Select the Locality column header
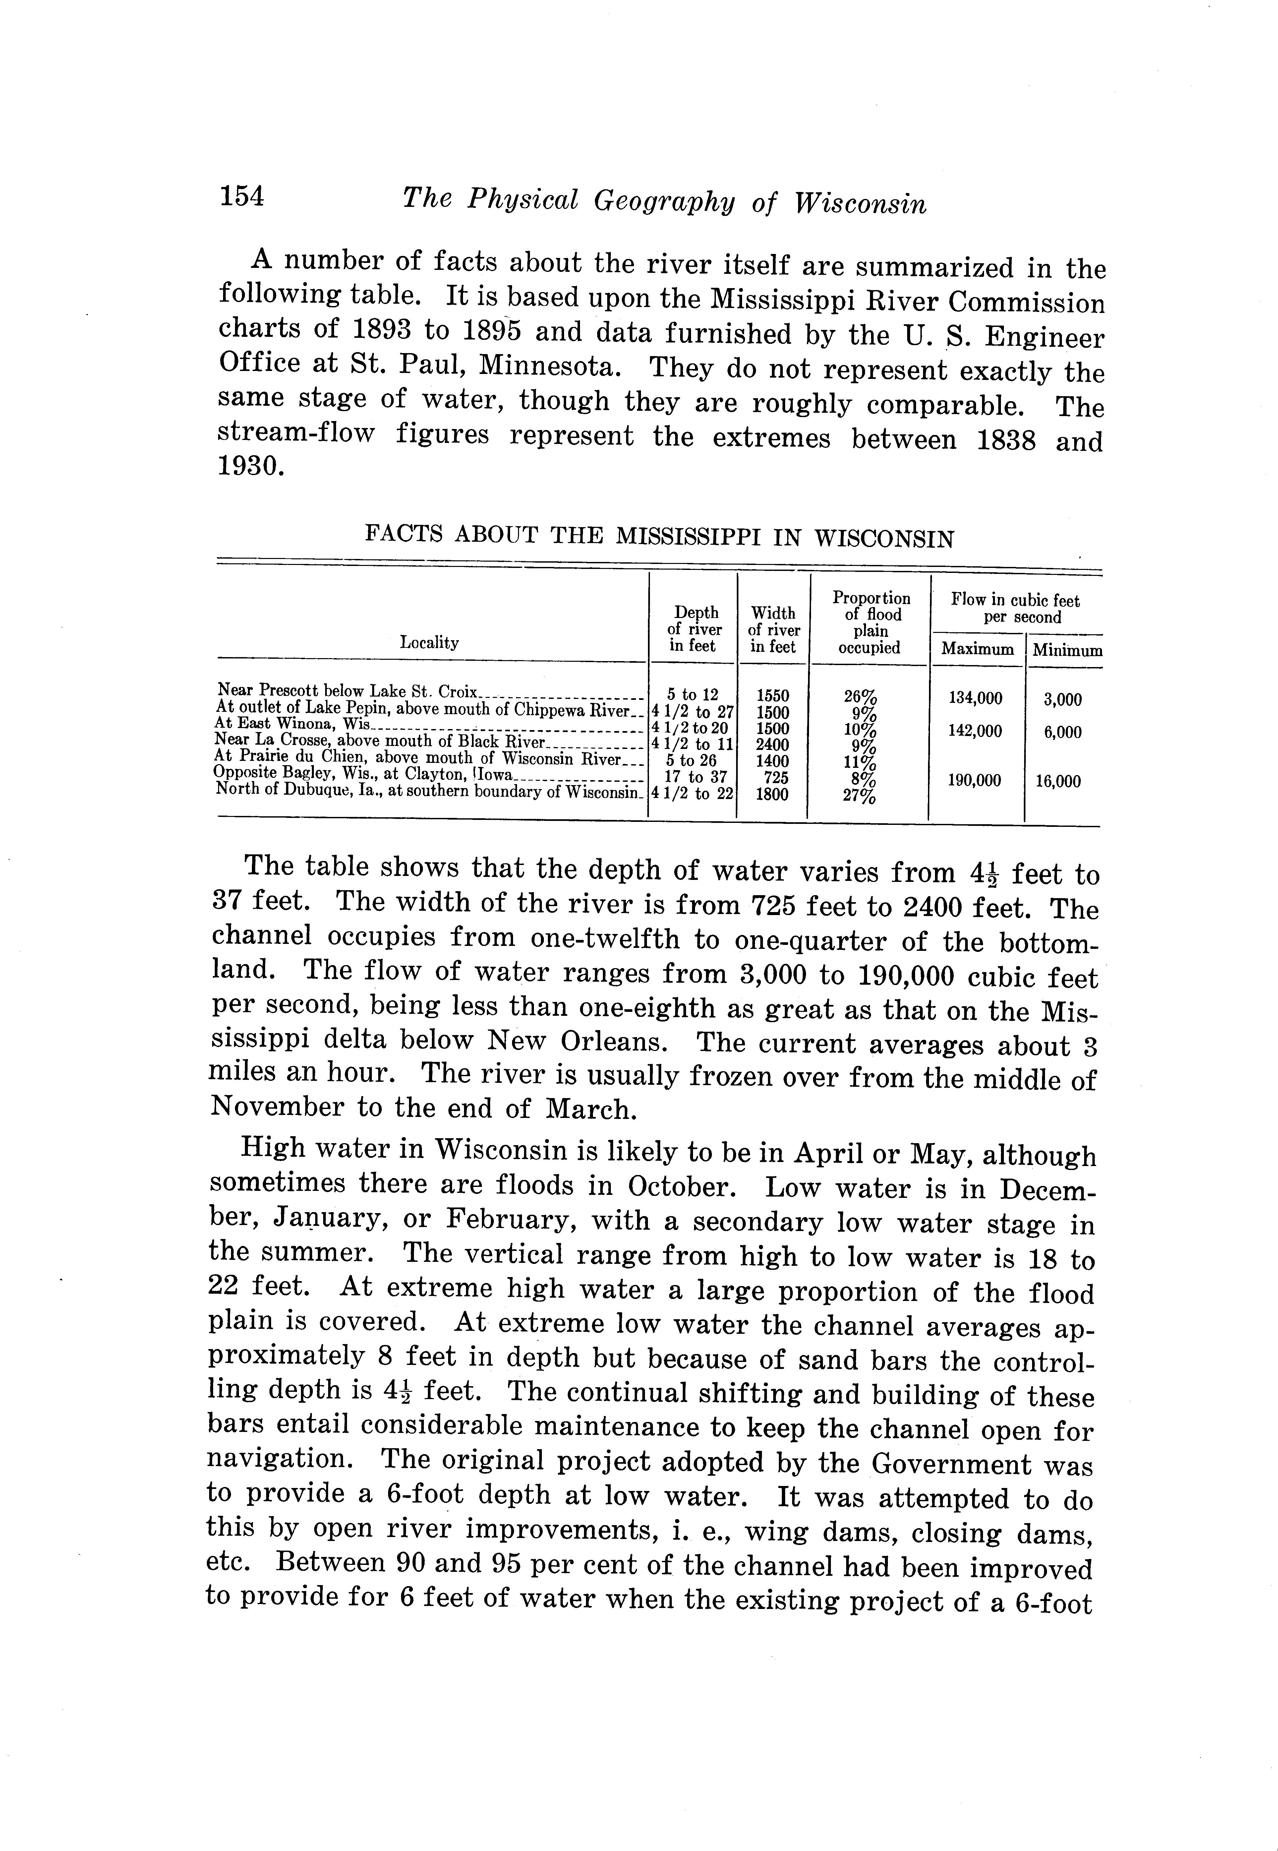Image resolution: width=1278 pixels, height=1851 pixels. coord(429,643)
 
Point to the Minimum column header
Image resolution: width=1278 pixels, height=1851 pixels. coord(1067,650)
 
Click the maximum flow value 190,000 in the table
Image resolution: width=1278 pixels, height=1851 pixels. coord(974,780)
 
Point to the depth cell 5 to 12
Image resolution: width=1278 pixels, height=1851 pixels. coord(693,695)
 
